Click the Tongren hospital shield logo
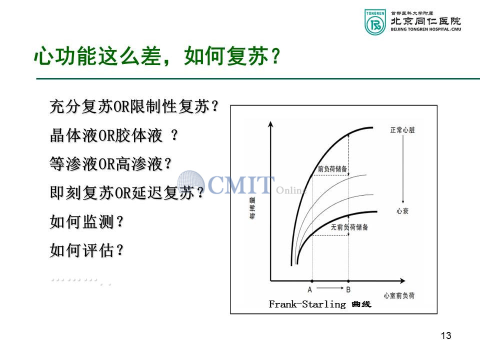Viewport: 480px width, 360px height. [x=375, y=21]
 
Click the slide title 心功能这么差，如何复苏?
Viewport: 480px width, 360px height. [x=157, y=56]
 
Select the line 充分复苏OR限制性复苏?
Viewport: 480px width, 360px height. [x=134, y=106]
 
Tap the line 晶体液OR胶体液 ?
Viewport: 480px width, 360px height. [x=113, y=135]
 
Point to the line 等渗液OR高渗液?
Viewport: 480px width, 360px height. [x=110, y=164]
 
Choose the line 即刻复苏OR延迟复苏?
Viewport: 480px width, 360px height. [x=127, y=193]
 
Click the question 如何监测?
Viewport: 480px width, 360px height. [x=86, y=221]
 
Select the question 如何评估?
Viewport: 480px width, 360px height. [x=86, y=250]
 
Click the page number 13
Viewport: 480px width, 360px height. [x=446, y=335]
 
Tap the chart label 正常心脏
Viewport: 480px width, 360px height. [x=402, y=130]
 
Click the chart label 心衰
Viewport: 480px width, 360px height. [x=402, y=211]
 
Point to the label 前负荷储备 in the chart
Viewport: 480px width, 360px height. [x=332, y=169]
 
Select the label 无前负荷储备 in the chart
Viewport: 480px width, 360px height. [x=349, y=227]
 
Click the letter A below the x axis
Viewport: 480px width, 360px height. [x=310, y=289]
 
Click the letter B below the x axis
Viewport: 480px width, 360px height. [x=348, y=289]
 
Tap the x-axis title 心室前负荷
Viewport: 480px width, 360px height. [x=399, y=295]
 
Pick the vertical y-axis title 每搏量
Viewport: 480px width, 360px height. [x=252, y=208]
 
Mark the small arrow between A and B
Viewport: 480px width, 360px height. [x=330, y=288]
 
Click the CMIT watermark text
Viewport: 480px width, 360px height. [x=241, y=184]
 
